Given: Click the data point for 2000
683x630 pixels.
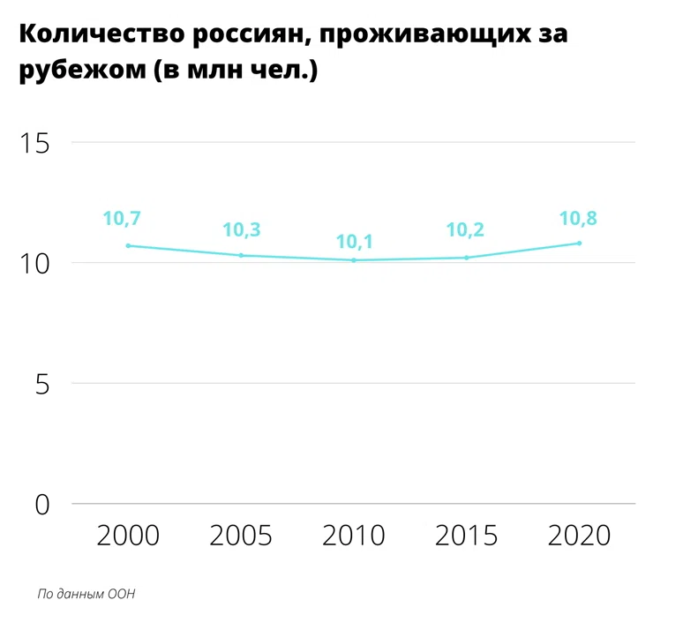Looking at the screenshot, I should (128, 245).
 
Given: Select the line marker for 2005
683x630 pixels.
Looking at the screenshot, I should (241, 255).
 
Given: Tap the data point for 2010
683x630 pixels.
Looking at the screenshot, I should (354, 260).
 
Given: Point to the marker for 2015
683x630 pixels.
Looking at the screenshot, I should (467, 258).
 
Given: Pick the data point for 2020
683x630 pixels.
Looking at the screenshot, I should (580, 243).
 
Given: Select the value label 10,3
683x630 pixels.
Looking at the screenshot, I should (241, 229).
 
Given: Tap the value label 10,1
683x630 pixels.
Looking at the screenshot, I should (354, 240).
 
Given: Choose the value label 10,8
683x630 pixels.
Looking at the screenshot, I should (578, 218).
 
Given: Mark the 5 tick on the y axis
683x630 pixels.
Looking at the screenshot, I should (42, 384).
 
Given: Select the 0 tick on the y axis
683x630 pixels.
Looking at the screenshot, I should (42, 505).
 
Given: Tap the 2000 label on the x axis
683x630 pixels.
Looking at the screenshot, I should (128, 536).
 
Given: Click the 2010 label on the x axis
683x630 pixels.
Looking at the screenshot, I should (354, 536).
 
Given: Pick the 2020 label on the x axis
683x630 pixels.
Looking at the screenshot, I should (580, 536).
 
